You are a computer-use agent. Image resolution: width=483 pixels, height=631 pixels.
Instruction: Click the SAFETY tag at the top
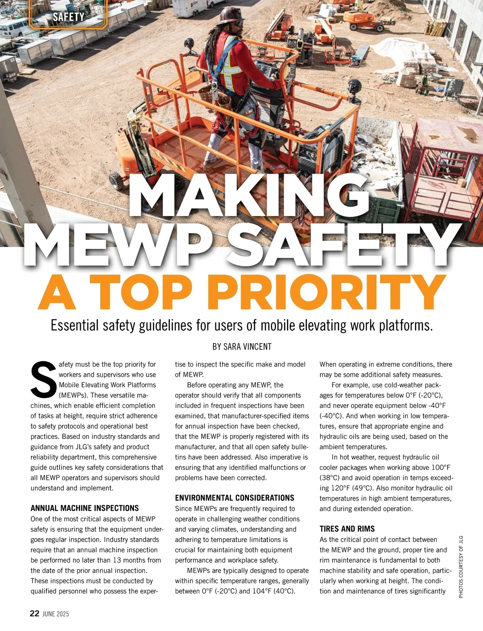pos(68,17)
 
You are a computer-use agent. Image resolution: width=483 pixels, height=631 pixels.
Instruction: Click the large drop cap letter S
pos(43,379)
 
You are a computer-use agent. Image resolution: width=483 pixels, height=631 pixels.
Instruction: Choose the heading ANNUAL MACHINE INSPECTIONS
pos(85,508)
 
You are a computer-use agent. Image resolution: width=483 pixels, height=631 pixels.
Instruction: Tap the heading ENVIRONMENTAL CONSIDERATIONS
pos(234,498)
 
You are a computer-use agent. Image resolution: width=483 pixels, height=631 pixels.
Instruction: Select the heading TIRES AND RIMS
pos(347,529)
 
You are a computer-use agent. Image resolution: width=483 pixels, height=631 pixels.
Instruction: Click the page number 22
pos(35,613)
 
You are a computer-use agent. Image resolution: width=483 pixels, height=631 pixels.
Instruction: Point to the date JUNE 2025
pos(56,614)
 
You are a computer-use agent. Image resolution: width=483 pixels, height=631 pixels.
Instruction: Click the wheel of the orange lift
pos(116,181)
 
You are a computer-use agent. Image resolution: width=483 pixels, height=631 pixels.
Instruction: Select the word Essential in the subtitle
pos(74,325)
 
